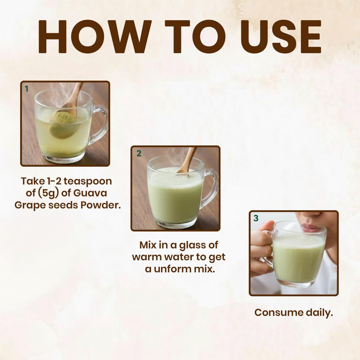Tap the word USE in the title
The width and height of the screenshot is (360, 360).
281,37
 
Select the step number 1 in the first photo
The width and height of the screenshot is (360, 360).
26,89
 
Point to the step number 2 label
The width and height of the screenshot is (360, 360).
139,153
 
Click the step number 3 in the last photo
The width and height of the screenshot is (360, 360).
256,218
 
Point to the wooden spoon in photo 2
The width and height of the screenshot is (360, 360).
187,161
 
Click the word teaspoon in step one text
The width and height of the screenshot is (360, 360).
88,182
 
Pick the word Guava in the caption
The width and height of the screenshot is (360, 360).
90,193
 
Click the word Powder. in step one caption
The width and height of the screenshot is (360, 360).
100,205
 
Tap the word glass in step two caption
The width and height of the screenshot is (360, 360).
192,246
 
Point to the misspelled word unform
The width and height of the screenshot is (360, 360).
172,269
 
